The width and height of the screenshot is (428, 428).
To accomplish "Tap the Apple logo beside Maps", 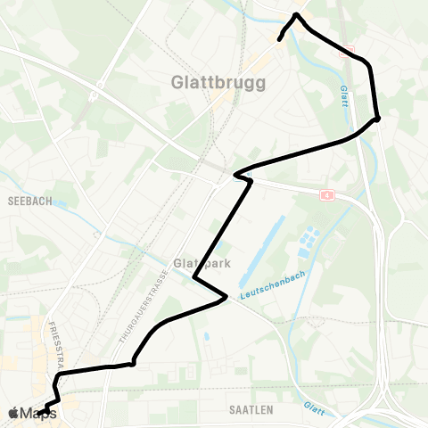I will pyautogui.click(x=13, y=413).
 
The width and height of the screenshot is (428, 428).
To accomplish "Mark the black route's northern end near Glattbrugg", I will pyautogui.click(x=280, y=39).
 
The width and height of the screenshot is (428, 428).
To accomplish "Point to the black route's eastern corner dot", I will pyautogui.click(x=378, y=118).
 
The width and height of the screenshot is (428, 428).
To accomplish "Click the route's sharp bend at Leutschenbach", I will pyautogui.click(x=226, y=297).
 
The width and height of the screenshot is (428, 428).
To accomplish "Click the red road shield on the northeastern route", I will pyautogui.click(x=348, y=52).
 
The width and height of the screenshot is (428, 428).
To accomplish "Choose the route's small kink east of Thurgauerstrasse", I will pyautogui.click(x=132, y=363).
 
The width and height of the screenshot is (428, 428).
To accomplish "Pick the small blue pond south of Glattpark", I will pyautogui.click(x=206, y=336).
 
